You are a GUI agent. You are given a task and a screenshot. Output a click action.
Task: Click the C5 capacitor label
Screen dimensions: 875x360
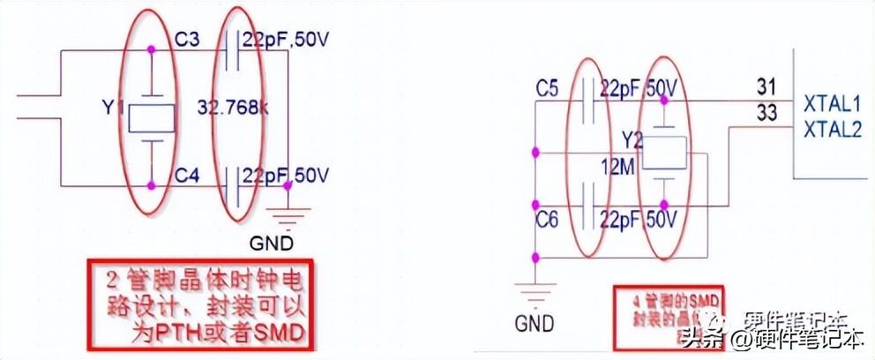(x=548, y=88)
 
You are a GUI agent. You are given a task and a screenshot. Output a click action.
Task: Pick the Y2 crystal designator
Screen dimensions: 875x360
(x=632, y=140)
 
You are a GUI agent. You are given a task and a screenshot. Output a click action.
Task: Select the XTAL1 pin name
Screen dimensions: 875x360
(x=832, y=109)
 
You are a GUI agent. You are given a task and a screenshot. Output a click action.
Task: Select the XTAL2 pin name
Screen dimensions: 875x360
(x=832, y=131)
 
